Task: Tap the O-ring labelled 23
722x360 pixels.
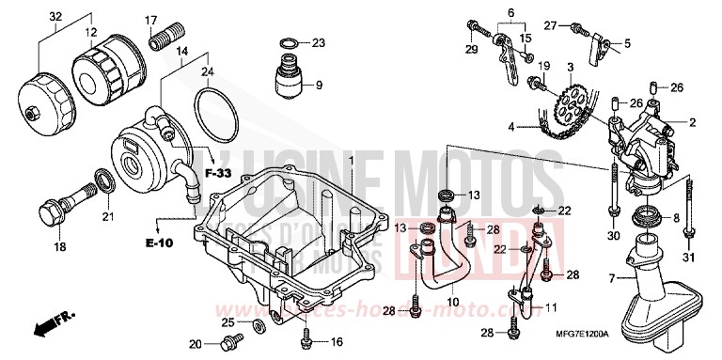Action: point(291,42)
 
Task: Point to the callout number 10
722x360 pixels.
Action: point(452,302)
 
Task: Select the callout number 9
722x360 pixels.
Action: point(320,86)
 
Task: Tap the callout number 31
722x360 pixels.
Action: point(688,259)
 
